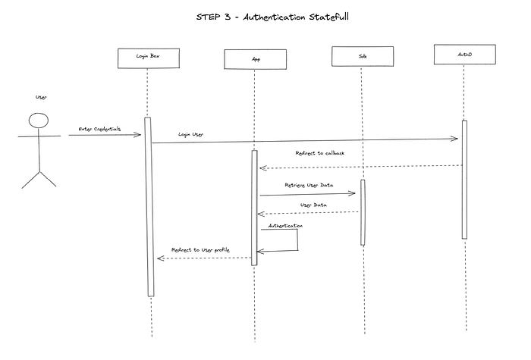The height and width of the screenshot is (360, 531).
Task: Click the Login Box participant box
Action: [149, 58]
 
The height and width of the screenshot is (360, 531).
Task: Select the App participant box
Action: [255, 58]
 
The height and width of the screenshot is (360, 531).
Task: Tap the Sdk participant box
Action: [362, 57]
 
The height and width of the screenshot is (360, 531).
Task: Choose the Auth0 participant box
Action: [465, 55]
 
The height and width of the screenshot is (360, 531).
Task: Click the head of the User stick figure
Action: [38, 121]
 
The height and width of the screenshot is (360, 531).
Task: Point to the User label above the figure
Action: [41, 97]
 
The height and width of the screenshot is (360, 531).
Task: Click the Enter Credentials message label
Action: [99, 129]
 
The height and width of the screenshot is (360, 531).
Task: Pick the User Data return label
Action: [314, 205]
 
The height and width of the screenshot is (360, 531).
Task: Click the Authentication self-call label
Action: [285, 225]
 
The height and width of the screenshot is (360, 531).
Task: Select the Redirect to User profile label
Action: [200, 249]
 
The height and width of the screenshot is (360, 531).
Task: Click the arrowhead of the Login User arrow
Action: [455, 139]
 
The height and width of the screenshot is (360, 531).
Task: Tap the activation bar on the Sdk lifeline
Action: [363, 212]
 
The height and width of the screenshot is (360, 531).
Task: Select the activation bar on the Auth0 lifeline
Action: [464, 180]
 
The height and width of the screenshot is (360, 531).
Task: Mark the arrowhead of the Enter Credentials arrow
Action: [138, 135]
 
